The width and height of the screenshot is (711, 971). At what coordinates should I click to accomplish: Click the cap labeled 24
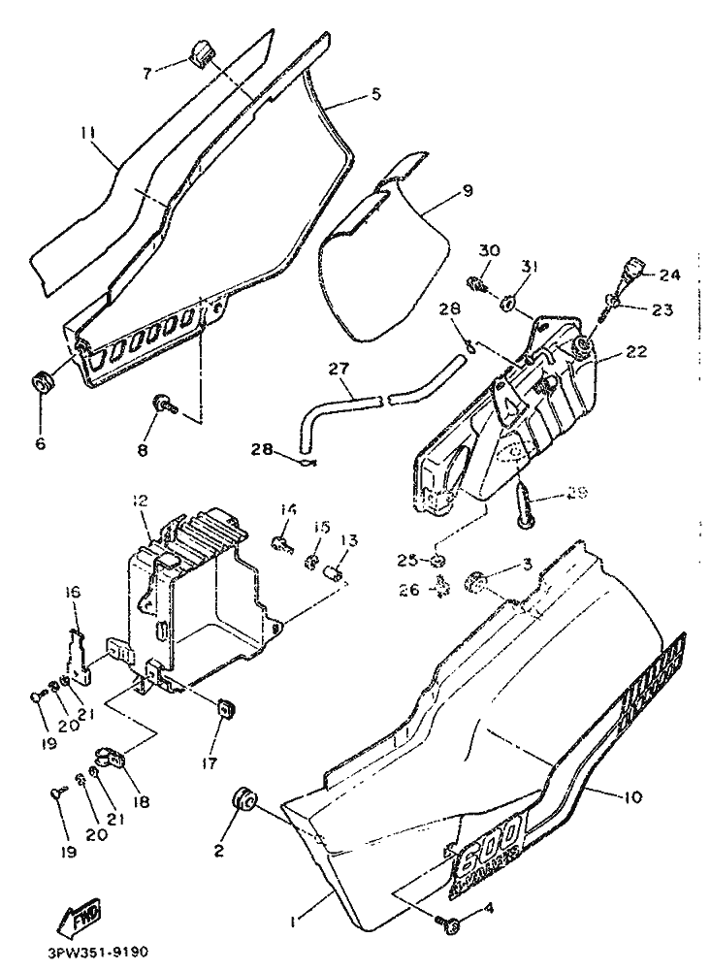pos(636,267)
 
